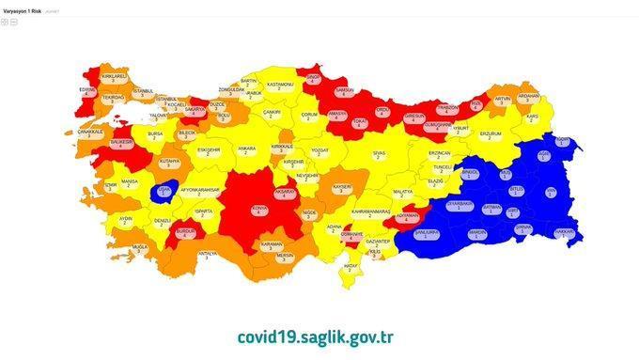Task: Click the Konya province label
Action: [x=258, y=210]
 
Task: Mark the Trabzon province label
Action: [x=447, y=109]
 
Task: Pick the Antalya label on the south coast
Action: [x=208, y=255]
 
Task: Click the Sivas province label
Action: [x=379, y=153]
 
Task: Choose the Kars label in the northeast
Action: [x=533, y=118]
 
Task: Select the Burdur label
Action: [x=186, y=231]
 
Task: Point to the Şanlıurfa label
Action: [x=429, y=232]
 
